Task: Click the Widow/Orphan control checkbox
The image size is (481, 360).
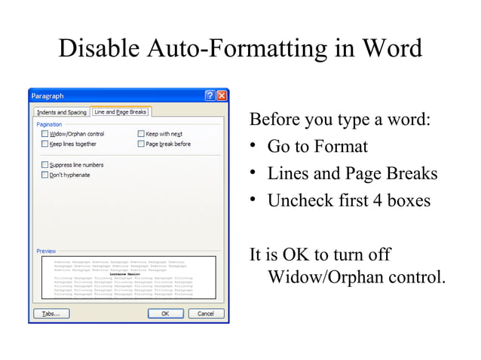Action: click(x=44, y=134)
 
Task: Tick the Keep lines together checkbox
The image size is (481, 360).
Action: click(x=44, y=144)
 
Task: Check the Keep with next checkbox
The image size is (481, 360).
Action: click(x=141, y=134)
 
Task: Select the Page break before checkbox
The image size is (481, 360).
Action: click(x=141, y=144)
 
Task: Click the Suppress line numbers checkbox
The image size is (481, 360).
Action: click(x=44, y=165)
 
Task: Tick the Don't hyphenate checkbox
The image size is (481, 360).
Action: click(x=44, y=175)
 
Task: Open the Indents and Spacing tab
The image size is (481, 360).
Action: click(x=61, y=112)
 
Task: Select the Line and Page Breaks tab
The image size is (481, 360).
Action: click(x=120, y=111)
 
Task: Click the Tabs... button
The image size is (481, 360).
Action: click(x=51, y=313)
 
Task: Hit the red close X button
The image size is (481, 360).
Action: click(x=222, y=96)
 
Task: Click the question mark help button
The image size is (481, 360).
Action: click(x=210, y=96)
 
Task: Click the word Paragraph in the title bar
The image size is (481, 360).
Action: click(x=47, y=96)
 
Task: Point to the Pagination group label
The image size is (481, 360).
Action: click(x=49, y=124)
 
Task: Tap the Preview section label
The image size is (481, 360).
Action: click(x=46, y=251)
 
